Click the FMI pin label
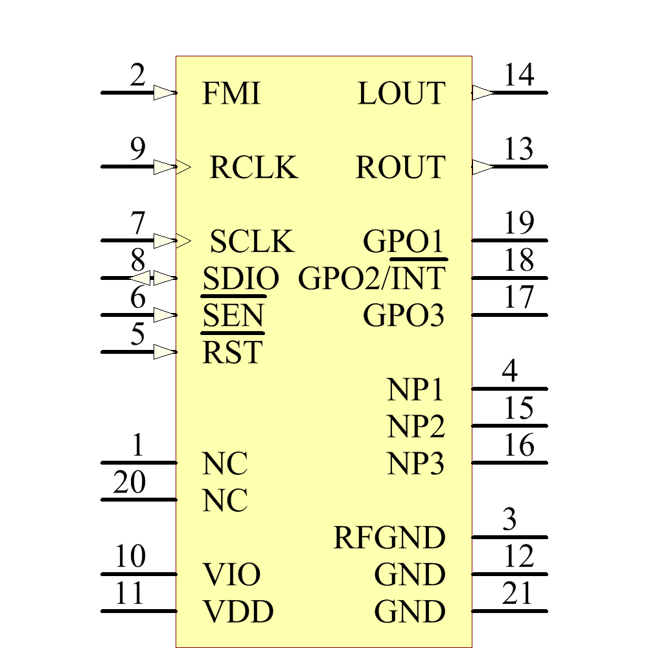click(x=231, y=94)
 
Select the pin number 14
click(x=519, y=75)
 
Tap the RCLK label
click(x=253, y=168)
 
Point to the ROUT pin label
click(x=400, y=168)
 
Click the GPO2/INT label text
click(x=371, y=279)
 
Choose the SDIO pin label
click(x=240, y=279)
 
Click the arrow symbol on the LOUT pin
click(x=482, y=93)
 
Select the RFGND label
click(x=389, y=538)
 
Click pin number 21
click(x=517, y=594)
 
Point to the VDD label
click(x=238, y=612)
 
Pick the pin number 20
click(x=130, y=483)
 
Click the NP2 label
click(x=416, y=427)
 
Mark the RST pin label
click(x=232, y=353)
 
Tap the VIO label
click(x=232, y=575)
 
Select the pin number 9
click(x=137, y=150)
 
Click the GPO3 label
click(x=404, y=316)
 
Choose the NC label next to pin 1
click(x=225, y=464)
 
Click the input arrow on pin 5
click(x=165, y=353)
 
